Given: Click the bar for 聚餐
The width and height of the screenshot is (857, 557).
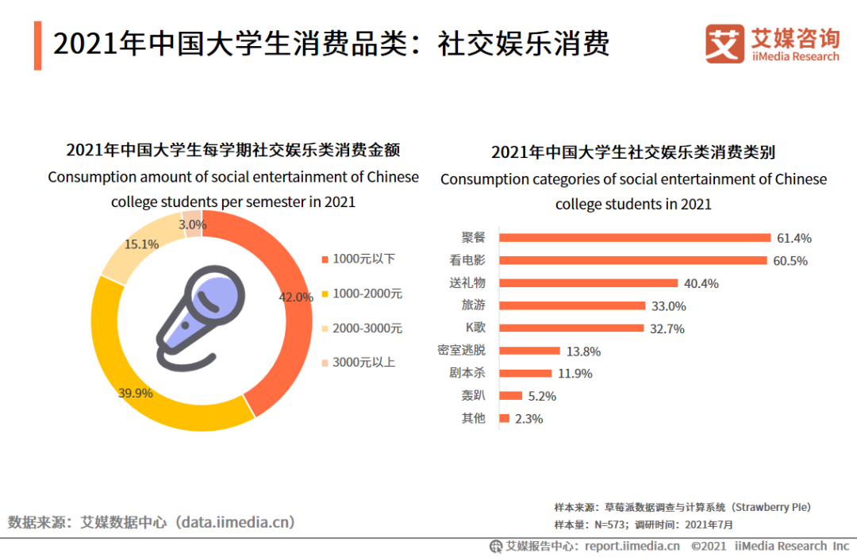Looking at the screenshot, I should click(635, 237).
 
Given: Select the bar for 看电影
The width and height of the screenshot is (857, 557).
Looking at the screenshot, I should click(632, 260).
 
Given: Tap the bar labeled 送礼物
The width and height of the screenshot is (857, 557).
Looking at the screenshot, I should click(588, 282).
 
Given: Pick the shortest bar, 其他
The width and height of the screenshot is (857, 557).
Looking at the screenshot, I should click(505, 418).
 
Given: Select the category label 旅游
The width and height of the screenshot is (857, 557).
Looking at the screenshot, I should click(473, 305).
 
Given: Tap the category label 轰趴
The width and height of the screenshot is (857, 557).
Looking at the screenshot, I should click(473, 395).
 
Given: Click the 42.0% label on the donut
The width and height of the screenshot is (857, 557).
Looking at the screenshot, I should click(296, 297).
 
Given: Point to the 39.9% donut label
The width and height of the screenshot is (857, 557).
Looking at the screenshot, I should click(135, 392).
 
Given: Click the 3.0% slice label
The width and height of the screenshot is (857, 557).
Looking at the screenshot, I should click(192, 225).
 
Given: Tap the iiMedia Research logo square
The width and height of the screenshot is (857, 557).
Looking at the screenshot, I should click(724, 44).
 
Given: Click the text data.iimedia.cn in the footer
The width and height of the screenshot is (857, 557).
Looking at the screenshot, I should click(236, 521).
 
